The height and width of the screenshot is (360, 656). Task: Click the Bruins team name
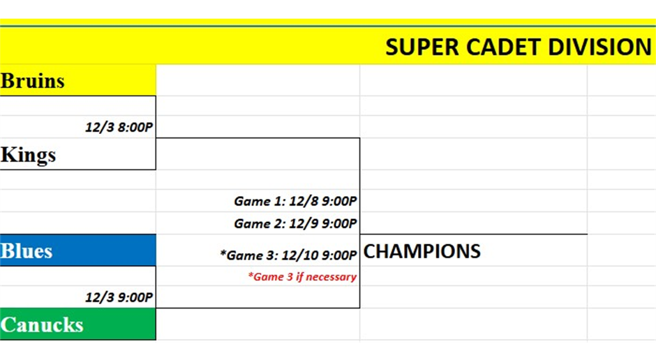pos(33,81)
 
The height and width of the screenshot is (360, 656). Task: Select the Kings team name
pos(29,155)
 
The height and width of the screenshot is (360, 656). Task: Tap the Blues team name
pos(27,251)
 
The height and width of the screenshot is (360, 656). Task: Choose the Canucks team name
pos(42,324)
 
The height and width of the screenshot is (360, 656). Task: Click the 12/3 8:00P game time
pos(119,127)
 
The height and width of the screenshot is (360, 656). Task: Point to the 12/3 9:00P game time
pos(119,297)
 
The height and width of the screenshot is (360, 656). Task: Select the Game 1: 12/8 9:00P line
pos(295,201)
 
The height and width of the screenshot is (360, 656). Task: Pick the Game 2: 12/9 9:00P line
pos(295,224)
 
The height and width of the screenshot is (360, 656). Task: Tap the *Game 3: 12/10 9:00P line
pos(288,255)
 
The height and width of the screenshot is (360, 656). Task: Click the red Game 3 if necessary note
pos(302,277)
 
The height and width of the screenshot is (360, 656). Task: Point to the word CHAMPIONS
pos(422,251)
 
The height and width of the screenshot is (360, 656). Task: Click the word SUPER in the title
pos(422,47)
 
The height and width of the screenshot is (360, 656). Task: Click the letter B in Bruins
pos(8,81)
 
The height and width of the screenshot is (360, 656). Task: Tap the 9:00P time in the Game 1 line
pos(339,201)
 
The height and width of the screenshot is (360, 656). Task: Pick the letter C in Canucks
pos(8,325)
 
